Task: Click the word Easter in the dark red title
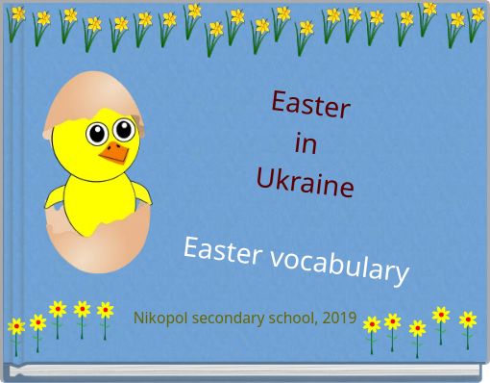(x=310, y=105)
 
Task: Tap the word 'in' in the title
(x=306, y=144)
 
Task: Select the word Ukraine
(x=306, y=181)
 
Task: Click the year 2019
(x=340, y=318)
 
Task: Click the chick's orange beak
(x=115, y=153)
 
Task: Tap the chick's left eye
(x=97, y=134)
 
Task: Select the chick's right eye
(x=123, y=133)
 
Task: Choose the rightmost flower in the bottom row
(x=468, y=319)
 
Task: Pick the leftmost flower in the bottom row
(x=16, y=327)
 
